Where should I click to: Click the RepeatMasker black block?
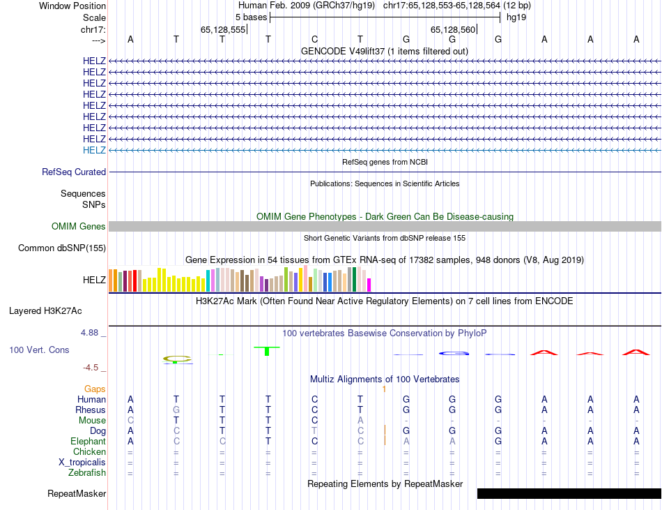(569, 493)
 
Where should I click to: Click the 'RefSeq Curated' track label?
(74, 172)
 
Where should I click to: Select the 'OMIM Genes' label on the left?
(79, 226)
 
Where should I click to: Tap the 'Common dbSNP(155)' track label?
(62, 248)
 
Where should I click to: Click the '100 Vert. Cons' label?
(39, 350)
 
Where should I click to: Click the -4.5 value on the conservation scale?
(94, 367)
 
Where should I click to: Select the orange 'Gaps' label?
(95, 389)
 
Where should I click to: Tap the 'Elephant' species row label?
(88, 441)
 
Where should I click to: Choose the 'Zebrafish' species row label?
(87, 472)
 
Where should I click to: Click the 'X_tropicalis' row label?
(82, 462)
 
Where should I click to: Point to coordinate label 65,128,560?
(453, 29)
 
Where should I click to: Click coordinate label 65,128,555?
(223, 29)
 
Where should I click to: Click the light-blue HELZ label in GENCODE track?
(94, 150)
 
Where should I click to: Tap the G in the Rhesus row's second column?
(176, 410)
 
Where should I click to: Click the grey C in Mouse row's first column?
(130, 420)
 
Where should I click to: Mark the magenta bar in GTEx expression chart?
(369, 285)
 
